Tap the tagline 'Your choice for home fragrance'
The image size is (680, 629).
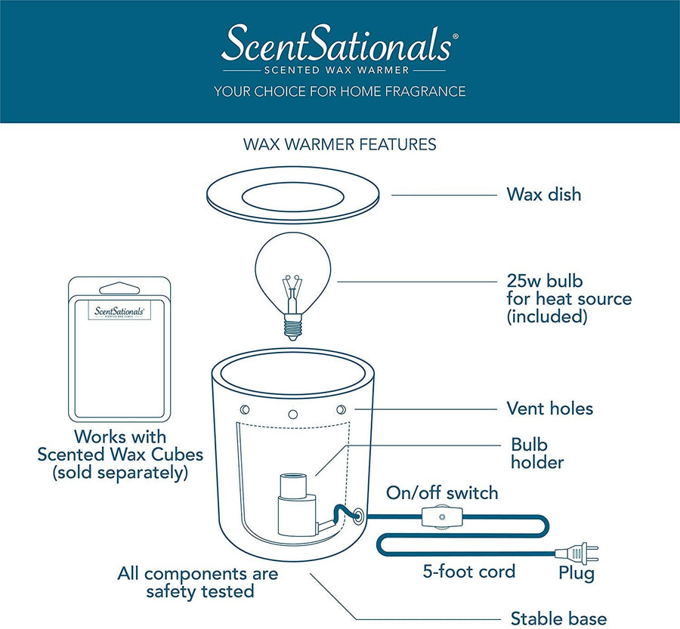(339, 91)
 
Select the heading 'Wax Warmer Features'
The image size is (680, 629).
(339, 143)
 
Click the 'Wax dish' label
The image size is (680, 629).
(543, 194)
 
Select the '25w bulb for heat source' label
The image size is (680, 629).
(568, 298)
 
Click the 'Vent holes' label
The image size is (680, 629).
(549, 409)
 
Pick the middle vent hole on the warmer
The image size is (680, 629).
(292, 414)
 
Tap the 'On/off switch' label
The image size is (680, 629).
(442, 493)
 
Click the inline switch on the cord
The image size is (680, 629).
(437, 521)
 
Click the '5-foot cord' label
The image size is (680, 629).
(468, 572)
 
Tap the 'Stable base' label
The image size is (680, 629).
(558, 618)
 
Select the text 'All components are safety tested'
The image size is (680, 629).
(198, 582)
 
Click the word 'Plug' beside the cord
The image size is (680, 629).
(576, 573)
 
